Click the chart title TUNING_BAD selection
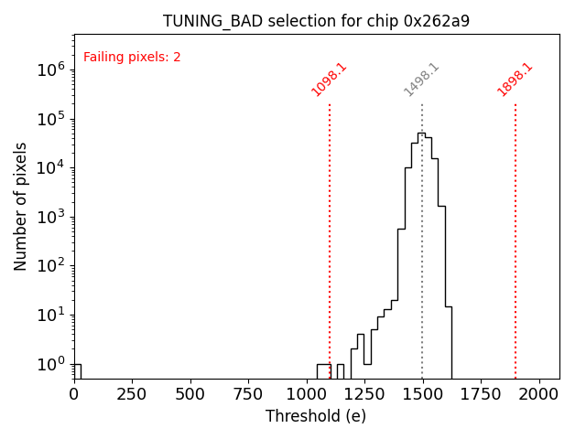coord(316,21)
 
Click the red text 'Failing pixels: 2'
coord(132,58)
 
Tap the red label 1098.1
coord(329,80)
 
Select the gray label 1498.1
coord(422,80)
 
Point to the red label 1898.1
coord(515,80)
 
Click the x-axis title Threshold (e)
coord(316,416)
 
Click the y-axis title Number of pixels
coord(21,206)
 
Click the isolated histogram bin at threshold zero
coord(77,370)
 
